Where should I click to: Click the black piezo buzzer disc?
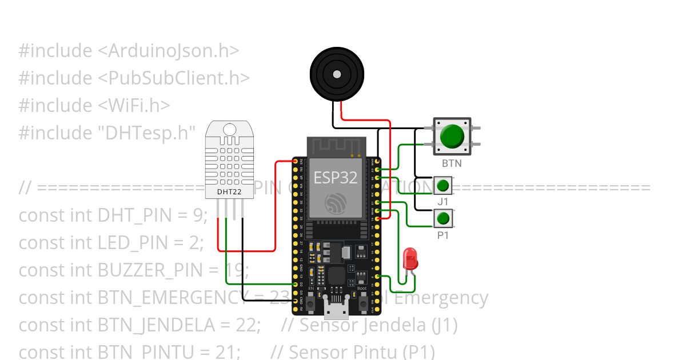coord(337,74)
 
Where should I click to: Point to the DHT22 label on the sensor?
coord(229,192)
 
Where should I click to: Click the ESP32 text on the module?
coord(336,177)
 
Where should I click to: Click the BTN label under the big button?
coord(452,163)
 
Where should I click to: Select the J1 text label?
coord(443,202)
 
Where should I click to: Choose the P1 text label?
coord(443,234)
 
